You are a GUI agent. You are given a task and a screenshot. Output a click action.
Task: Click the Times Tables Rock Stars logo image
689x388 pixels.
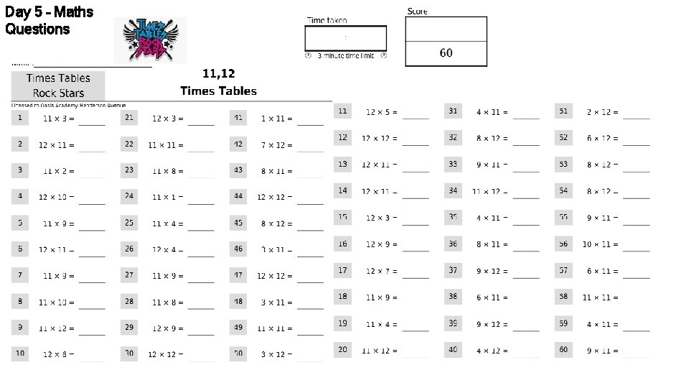(x=150, y=40)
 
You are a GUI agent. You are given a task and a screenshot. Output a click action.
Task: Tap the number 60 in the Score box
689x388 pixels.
(x=446, y=53)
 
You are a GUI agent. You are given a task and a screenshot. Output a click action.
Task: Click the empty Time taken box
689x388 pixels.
(x=346, y=38)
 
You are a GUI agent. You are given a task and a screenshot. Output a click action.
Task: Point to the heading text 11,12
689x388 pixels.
(x=218, y=73)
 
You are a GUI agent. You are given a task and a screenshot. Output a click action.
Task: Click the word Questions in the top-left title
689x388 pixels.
(x=37, y=29)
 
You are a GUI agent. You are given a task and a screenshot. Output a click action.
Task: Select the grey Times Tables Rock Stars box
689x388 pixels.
(x=57, y=86)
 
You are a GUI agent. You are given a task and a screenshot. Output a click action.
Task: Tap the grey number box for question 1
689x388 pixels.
(x=20, y=117)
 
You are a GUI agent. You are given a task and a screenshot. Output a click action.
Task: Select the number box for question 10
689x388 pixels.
(x=20, y=353)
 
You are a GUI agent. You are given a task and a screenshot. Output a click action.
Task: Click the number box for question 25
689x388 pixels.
(x=129, y=223)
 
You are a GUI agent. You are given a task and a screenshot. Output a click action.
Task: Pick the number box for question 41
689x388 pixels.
(x=238, y=117)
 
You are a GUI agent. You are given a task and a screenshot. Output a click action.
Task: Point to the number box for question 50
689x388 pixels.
(x=238, y=353)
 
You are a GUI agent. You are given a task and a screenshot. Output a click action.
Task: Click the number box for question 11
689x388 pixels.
(x=343, y=111)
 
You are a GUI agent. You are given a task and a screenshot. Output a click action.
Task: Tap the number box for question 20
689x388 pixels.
(x=343, y=349)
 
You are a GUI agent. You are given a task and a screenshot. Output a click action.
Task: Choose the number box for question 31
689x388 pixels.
(x=453, y=111)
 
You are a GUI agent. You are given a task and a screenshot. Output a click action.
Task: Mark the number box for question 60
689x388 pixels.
(x=563, y=349)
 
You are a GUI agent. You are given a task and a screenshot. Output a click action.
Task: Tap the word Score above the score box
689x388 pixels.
(x=417, y=11)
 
